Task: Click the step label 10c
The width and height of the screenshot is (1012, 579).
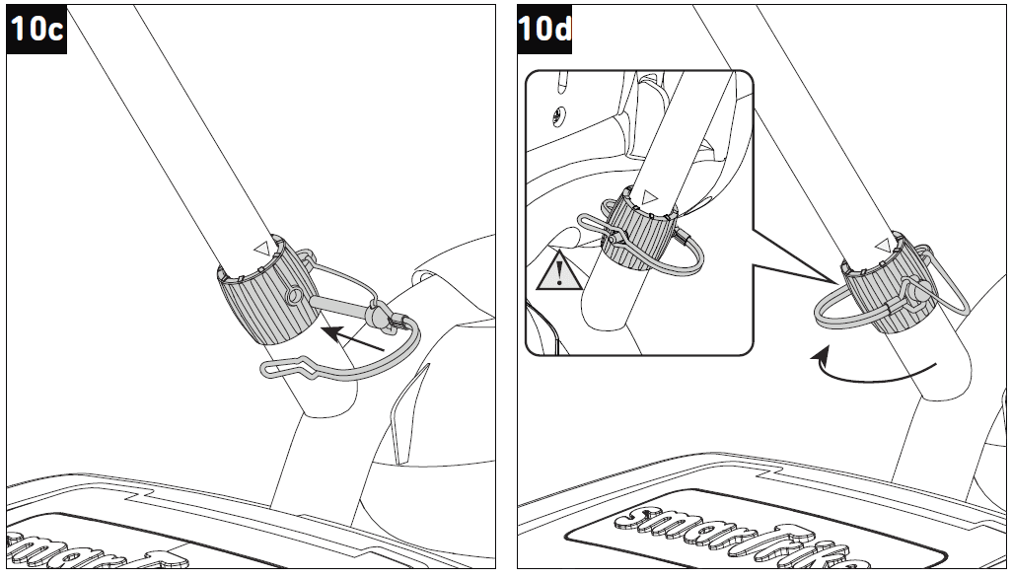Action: (x=36, y=29)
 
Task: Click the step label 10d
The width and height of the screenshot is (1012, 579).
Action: (x=544, y=29)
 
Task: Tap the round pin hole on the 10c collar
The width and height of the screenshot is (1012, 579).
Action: (x=294, y=296)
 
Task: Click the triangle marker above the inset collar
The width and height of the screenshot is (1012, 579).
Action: (x=648, y=196)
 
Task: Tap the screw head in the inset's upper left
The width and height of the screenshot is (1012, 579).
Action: (x=558, y=115)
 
